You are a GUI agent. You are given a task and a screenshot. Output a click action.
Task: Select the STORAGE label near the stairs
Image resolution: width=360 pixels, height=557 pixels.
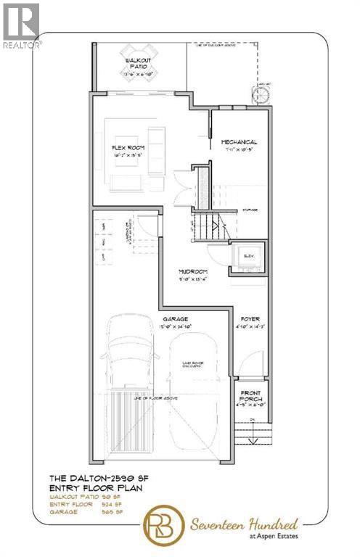point(250,208)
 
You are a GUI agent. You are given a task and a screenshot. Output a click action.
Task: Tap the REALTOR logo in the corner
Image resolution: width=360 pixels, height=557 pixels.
point(21,25)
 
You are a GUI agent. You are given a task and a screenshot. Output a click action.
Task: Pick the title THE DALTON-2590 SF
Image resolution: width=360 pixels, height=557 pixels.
point(94,479)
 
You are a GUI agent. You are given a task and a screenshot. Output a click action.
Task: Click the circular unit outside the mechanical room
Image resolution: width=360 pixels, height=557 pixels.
point(259,92)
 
